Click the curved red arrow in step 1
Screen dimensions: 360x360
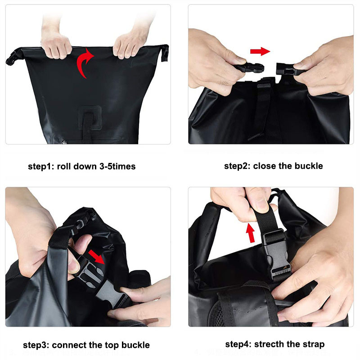[x=84, y=63]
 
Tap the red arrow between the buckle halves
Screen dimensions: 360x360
[x=260, y=51]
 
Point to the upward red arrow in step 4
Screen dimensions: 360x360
[x=251, y=233]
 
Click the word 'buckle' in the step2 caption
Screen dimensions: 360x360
[x=309, y=166]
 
